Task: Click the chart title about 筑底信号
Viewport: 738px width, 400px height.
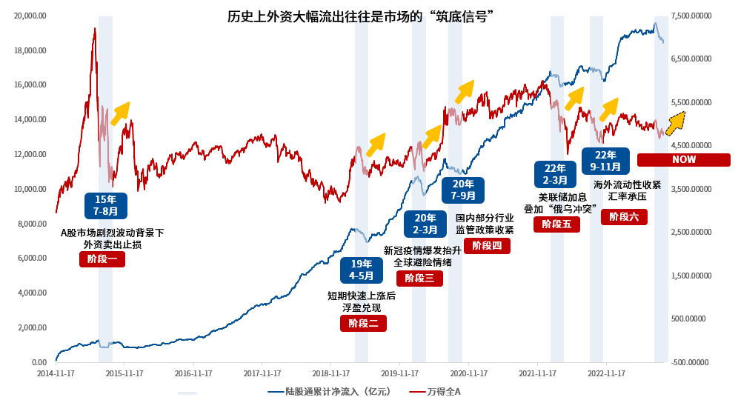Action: point(361,16)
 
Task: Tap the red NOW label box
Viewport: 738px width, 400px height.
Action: point(684,160)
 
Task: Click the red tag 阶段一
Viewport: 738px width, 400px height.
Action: point(102,259)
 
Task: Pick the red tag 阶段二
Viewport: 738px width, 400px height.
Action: point(363,323)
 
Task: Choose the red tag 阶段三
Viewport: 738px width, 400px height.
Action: point(420,278)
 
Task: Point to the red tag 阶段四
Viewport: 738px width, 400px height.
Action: point(487,245)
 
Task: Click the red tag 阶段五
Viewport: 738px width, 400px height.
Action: point(556,224)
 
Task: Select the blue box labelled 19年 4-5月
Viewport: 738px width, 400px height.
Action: point(361,270)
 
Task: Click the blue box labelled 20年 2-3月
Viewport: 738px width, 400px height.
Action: point(425,224)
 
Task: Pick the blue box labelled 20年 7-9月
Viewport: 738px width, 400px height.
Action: point(463,190)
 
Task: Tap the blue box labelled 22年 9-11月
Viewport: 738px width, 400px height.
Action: point(605,161)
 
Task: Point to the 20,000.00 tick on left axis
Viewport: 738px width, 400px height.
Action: point(30,16)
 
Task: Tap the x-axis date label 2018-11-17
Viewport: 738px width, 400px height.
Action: point(333,373)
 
